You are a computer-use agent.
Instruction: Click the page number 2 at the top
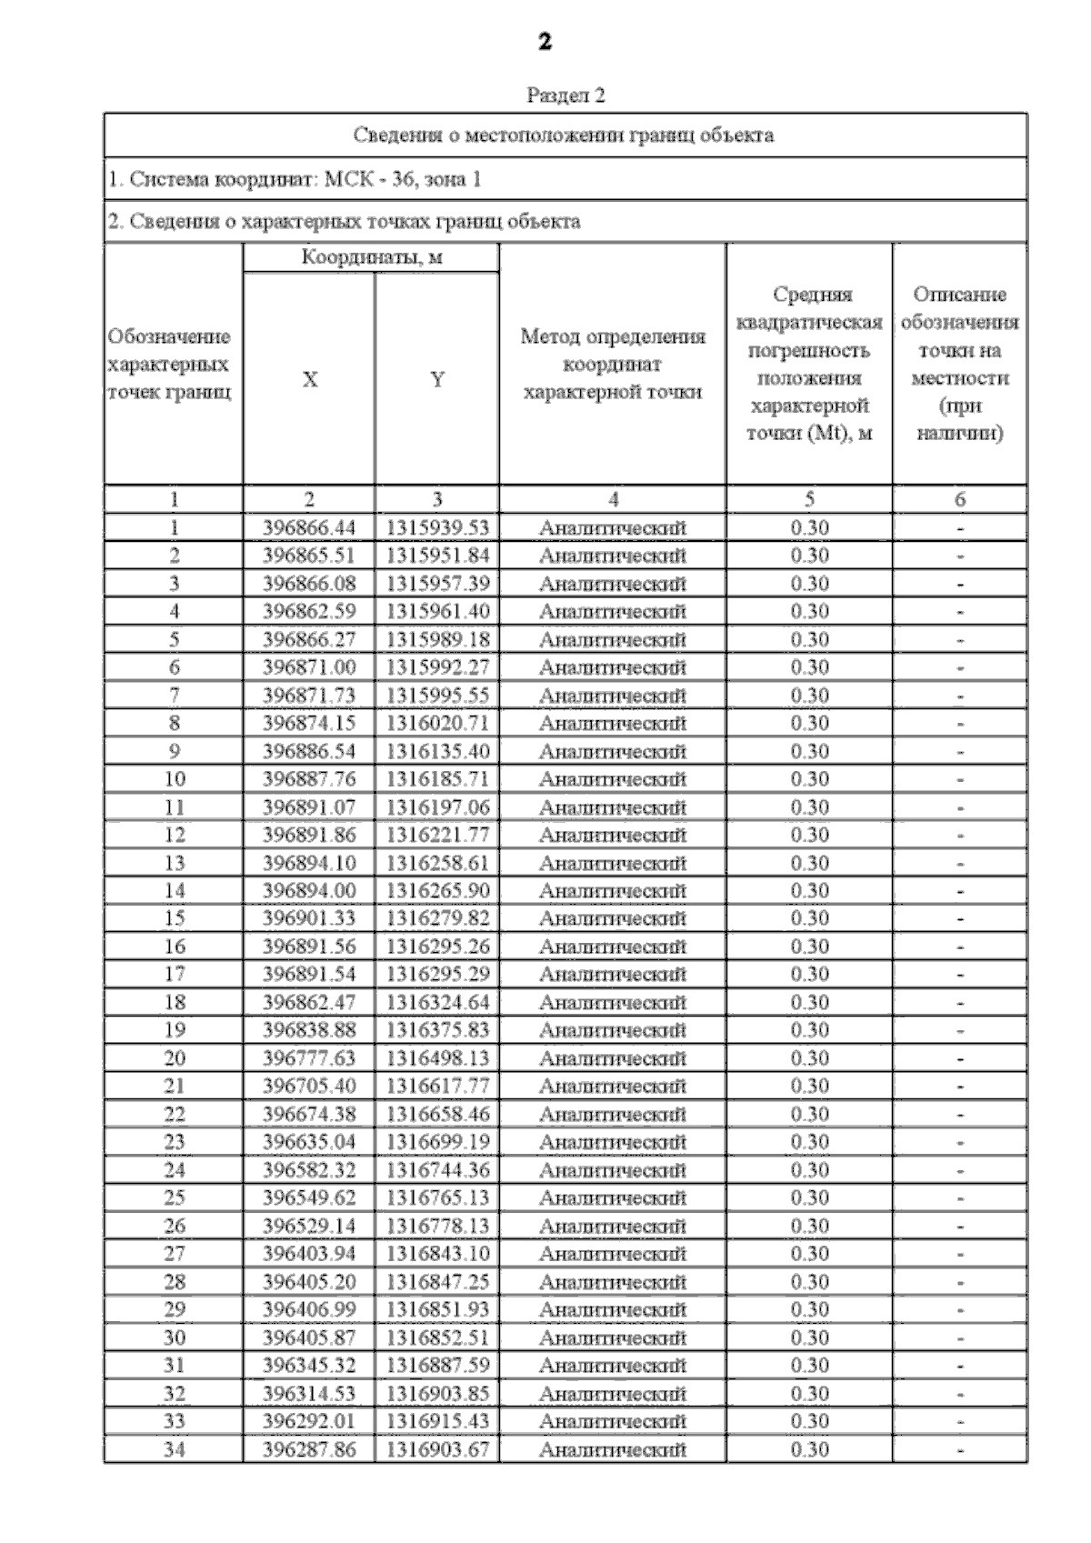[x=545, y=42]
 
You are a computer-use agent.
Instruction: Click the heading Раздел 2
[x=566, y=95]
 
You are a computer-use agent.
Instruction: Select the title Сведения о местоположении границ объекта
[x=564, y=135]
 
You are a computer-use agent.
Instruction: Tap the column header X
[x=309, y=379]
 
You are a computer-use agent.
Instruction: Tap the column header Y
[x=437, y=379]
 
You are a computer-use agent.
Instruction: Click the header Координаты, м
[x=372, y=257]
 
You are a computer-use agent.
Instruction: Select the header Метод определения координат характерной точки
[x=613, y=364]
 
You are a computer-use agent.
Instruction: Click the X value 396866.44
[x=309, y=528]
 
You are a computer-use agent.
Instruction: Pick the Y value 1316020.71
[x=437, y=723]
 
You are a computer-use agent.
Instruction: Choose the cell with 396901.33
[x=309, y=918]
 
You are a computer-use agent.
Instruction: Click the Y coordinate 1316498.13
[x=437, y=1058]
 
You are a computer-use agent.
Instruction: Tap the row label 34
[x=174, y=1449]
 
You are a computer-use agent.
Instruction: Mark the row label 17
[x=174, y=975]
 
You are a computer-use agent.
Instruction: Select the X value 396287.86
[x=309, y=1449]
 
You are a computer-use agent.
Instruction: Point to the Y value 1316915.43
[x=437, y=1421]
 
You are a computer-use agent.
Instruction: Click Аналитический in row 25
[x=613, y=1198]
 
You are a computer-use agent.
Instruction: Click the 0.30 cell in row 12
[x=809, y=835]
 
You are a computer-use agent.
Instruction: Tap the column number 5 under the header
[x=809, y=499]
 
